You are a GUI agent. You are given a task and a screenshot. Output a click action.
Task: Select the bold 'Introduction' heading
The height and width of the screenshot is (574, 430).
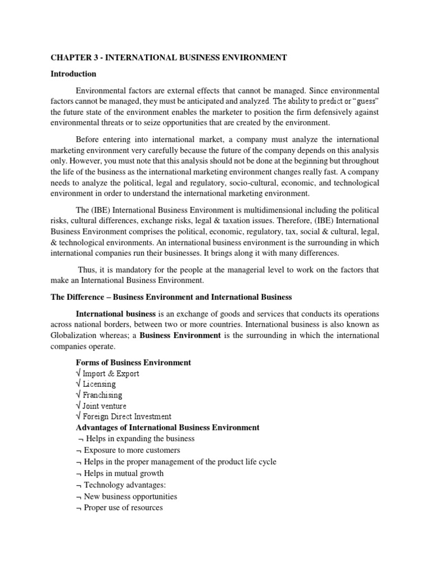(x=73, y=74)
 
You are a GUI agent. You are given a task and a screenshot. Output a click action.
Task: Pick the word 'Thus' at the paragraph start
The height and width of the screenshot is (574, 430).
(x=86, y=270)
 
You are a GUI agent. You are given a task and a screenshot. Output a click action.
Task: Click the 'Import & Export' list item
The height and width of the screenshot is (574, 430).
(x=111, y=373)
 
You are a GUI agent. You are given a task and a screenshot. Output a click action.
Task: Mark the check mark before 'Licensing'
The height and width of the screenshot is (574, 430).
(x=78, y=385)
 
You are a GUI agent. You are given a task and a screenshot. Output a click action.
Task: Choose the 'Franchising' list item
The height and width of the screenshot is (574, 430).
(x=102, y=395)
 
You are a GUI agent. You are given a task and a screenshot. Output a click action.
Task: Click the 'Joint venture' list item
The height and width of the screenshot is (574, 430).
(x=105, y=406)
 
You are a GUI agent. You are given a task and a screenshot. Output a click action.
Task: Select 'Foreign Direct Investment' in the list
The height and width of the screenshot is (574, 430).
(x=127, y=416)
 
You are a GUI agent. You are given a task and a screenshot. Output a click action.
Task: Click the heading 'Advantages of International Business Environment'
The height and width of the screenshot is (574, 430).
(x=167, y=428)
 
